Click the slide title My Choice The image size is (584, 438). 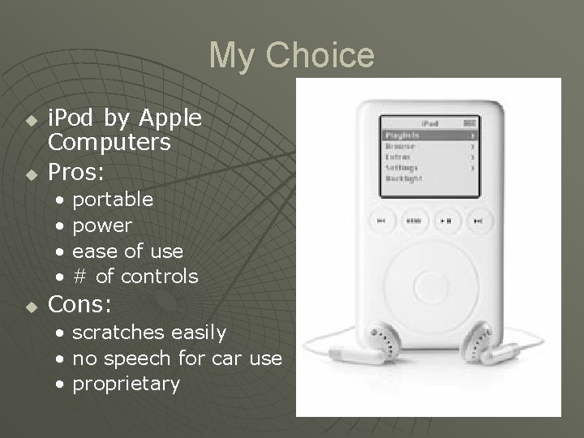coord(292,56)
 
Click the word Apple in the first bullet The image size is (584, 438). coord(170,118)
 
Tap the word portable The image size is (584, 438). coord(113,199)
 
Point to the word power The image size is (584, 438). coord(102,225)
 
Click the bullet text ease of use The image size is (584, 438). coord(128,251)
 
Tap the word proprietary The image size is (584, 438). coord(127,384)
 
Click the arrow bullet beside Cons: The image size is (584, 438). coord(31,307)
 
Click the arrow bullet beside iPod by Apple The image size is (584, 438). coord(31,120)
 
